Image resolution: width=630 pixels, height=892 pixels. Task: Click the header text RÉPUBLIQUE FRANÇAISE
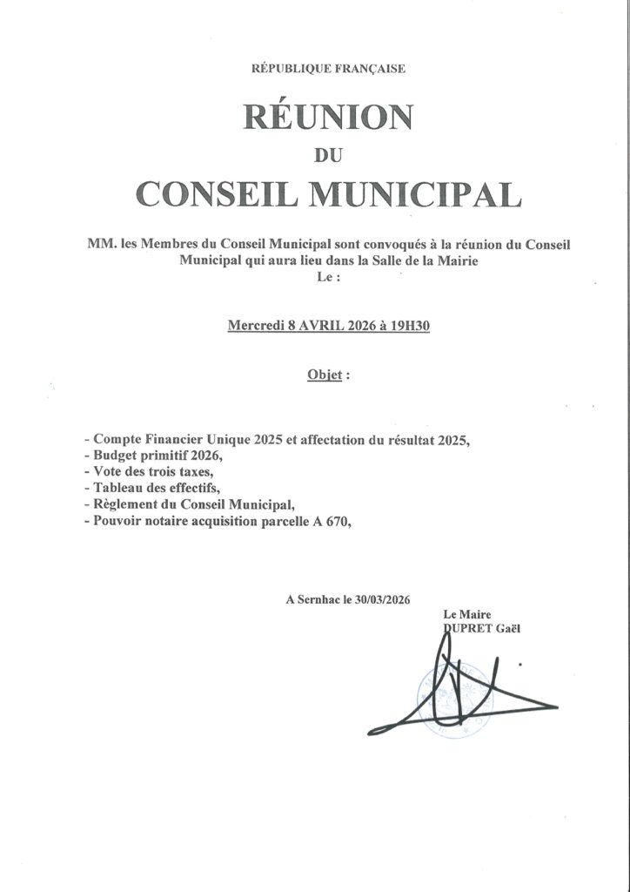tap(328, 69)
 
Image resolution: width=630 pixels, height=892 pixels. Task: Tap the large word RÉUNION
tap(328, 116)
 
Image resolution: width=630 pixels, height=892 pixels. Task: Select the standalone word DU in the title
tap(328, 157)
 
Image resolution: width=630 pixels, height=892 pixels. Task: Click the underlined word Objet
tap(324, 375)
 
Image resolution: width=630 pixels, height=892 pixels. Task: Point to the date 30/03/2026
tap(379, 600)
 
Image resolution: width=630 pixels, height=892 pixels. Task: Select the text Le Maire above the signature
tap(466, 615)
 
